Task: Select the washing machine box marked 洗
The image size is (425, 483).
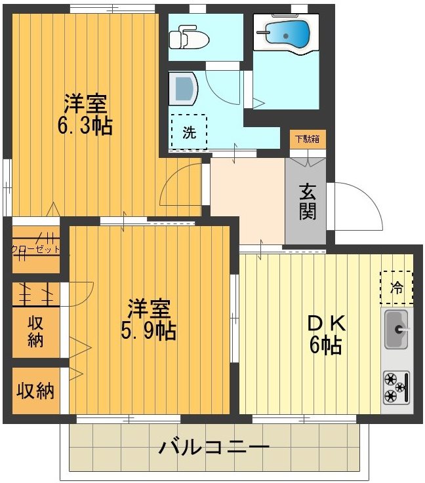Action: tap(189, 132)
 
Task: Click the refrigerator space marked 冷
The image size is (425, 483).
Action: tap(397, 287)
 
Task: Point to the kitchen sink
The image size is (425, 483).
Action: tap(395, 328)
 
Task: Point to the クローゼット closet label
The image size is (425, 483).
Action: tap(36, 249)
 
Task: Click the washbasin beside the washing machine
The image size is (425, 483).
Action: tap(182, 88)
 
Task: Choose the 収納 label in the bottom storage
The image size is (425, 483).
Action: tap(35, 391)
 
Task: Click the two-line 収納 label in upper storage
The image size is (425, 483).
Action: tap(35, 331)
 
